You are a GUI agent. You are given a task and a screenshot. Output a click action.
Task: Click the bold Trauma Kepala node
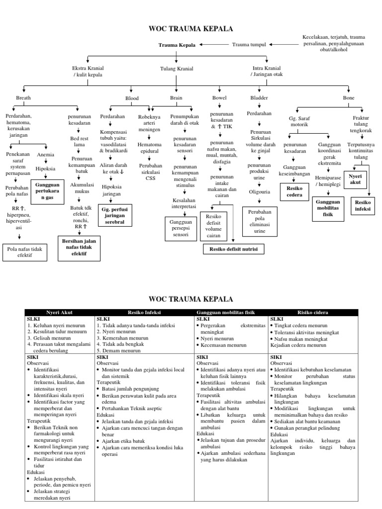tap(177, 45)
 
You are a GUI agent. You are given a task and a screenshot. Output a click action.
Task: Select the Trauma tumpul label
tap(249, 45)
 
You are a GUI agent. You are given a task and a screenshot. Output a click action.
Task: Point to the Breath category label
tap(23, 98)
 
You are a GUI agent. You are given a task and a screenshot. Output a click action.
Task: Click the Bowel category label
tap(219, 98)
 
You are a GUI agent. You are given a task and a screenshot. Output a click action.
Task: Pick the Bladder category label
tap(259, 98)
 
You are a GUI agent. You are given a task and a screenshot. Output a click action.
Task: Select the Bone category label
tap(349, 98)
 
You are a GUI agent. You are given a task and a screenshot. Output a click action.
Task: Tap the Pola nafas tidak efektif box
tap(24, 252)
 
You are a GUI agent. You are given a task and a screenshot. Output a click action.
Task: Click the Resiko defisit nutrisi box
tap(233, 249)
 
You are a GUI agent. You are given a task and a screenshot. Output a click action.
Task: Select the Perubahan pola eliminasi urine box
tap(260, 222)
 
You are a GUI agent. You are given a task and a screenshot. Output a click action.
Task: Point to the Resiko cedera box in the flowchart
tap(295, 191)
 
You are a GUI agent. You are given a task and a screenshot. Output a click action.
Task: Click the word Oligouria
tap(260, 191)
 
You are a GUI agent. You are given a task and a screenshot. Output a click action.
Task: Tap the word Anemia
tap(46, 154)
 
